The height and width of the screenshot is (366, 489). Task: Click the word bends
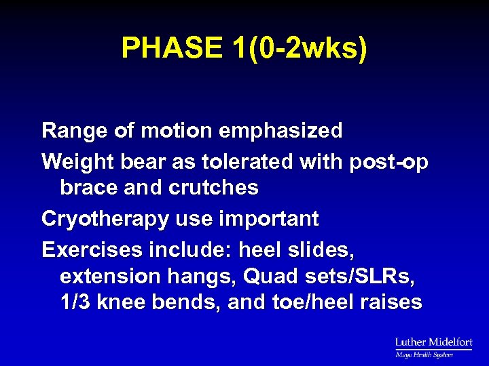coord(189,302)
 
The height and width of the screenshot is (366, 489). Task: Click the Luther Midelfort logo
coord(433,346)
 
